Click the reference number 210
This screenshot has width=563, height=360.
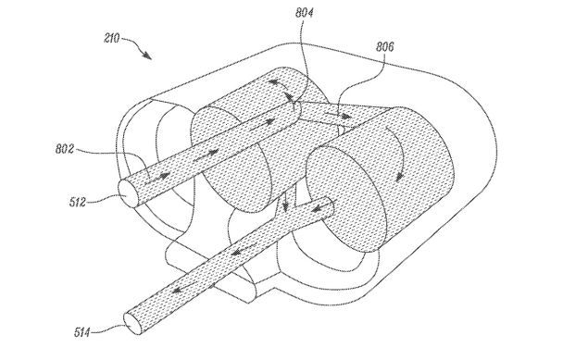pyautogui.click(x=111, y=38)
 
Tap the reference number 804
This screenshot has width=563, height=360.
pyautogui.click(x=304, y=13)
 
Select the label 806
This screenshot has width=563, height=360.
pyautogui.click(x=384, y=46)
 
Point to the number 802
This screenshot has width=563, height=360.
pyautogui.click(x=65, y=149)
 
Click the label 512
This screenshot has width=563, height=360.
pyautogui.click(x=78, y=202)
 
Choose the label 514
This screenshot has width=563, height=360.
pyautogui.click(x=82, y=332)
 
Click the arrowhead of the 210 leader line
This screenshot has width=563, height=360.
pyautogui.click(x=147, y=55)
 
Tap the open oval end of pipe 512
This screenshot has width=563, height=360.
pyautogui.click(x=128, y=193)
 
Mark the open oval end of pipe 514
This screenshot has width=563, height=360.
pyautogui.click(x=132, y=323)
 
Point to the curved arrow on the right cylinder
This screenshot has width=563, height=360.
pyautogui.click(x=398, y=153)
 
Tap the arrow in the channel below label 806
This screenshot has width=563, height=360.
pyautogui.click(x=339, y=116)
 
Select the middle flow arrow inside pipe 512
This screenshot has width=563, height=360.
pyautogui.click(x=206, y=155)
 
